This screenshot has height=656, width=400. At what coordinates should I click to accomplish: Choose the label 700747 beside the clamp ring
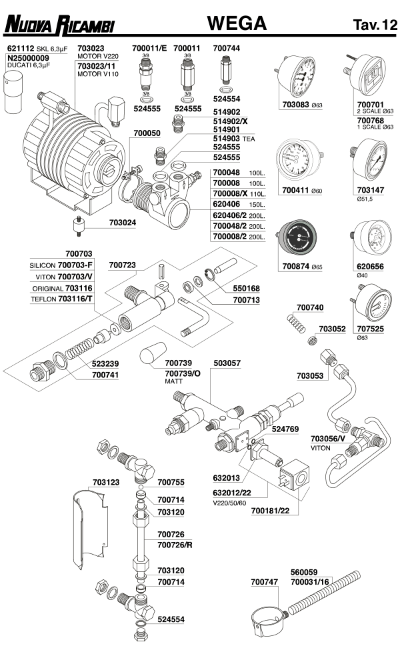coord(264,582)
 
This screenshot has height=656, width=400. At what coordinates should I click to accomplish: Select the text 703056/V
coord(328,438)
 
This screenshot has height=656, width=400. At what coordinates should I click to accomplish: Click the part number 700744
coord(227,49)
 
